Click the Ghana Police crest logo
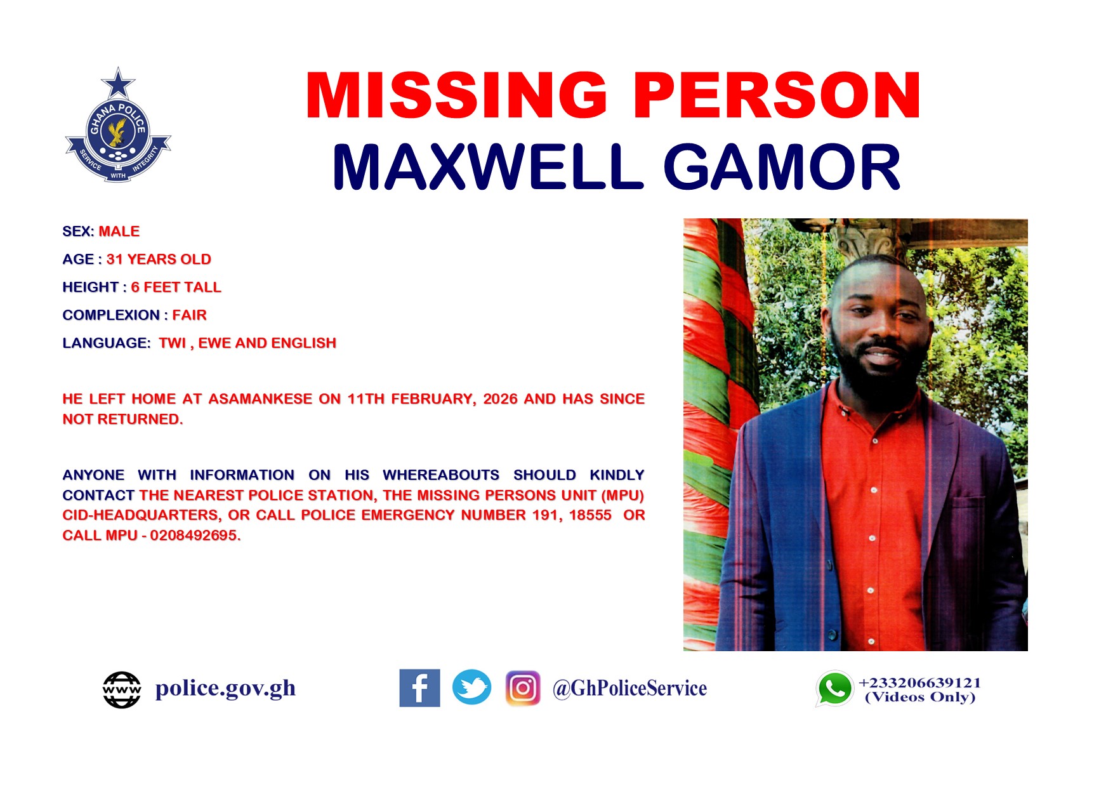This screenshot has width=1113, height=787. (118, 125)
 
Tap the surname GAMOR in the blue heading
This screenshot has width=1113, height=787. (782, 167)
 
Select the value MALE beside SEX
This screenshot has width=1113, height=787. (119, 232)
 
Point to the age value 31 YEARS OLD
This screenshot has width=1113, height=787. (159, 260)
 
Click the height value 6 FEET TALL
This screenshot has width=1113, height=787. (176, 288)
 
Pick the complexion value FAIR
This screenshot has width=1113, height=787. (190, 315)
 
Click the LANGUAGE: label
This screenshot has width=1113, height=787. (107, 343)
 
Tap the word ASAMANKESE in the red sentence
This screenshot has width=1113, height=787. (261, 399)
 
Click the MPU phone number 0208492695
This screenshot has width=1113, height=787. (195, 536)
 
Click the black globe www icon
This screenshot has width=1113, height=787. (122, 690)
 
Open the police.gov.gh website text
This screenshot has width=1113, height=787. (226, 689)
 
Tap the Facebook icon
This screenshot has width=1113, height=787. (419, 688)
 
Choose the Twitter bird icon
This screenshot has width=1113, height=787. (471, 687)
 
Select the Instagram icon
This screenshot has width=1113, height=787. (523, 688)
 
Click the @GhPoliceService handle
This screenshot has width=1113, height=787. (629, 689)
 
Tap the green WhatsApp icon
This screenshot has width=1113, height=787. (834, 689)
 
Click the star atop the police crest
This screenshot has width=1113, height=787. (118, 83)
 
